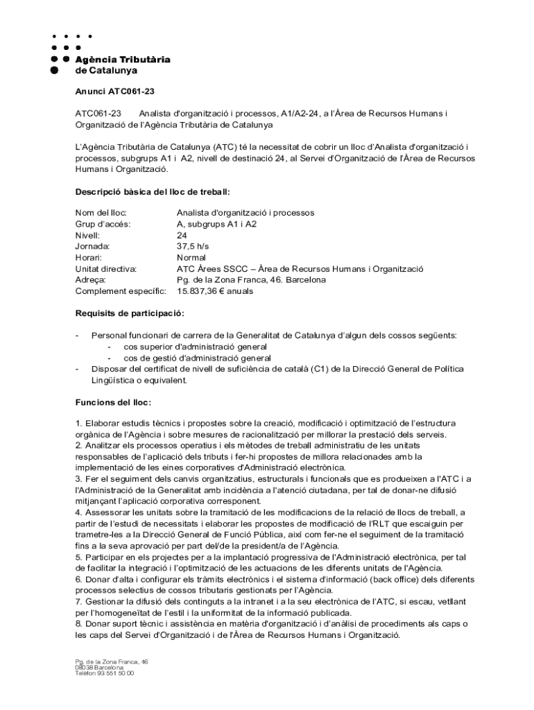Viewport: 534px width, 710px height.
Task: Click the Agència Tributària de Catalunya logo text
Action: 122,64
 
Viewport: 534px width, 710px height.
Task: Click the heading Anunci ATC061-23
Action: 114,91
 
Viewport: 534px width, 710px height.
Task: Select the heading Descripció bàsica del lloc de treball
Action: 152,191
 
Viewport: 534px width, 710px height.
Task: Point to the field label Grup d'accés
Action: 103,224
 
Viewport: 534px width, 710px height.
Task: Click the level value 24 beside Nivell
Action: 182,235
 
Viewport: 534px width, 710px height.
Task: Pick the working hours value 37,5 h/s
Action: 192,246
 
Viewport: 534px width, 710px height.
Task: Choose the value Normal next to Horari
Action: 191,257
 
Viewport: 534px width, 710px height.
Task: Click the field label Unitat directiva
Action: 105,268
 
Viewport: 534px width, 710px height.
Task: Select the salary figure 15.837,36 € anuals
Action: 215,291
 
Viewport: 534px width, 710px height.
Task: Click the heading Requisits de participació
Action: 129,313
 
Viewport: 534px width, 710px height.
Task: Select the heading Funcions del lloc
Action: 112,402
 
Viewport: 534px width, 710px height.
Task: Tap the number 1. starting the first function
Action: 78,423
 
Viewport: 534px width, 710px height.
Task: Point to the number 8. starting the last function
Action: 78,623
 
